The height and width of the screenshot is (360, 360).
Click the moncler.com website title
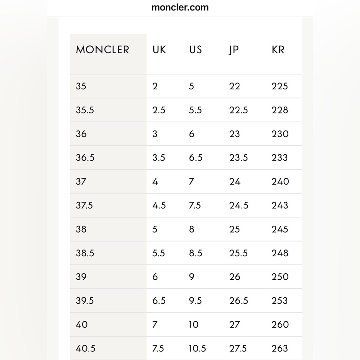coord(180,7)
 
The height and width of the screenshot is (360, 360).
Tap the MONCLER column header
coord(102,50)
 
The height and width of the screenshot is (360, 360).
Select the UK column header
coord(159,50)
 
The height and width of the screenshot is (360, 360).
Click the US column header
coord(195,50)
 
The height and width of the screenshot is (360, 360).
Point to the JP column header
coord(233,50)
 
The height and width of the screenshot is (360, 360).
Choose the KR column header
coord(278,50)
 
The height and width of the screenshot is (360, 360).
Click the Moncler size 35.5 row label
coord(85,110)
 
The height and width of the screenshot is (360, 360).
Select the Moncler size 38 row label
coord(81,229)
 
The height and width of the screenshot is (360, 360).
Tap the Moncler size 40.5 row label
coord(85,348)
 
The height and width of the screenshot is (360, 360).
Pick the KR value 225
coord(280,86)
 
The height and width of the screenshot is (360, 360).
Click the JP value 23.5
coord(238,157)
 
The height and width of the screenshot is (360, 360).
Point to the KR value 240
coord(280,181)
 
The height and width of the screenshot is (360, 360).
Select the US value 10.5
coord(197,348)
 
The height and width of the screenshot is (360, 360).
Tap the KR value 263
coord(280,348)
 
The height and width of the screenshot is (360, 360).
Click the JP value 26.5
coord(238,301)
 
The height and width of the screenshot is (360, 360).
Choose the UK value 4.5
coord(158,205)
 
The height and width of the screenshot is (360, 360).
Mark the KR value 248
coord(280,253)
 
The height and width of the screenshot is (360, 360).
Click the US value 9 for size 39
coord(192,276)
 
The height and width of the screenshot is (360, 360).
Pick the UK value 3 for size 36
coord(155,134)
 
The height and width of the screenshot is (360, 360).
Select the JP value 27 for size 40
coord(234,324)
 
